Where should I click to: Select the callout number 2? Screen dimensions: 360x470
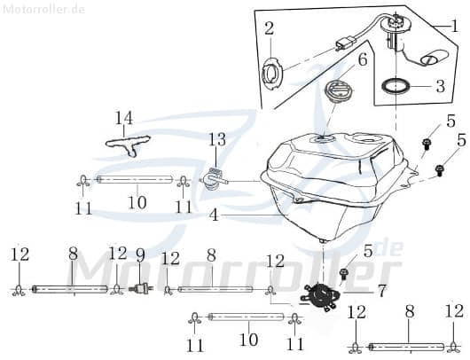click(269, 29)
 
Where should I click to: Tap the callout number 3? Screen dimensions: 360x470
click(439, 88)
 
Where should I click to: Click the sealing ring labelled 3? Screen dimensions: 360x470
click(396, 87)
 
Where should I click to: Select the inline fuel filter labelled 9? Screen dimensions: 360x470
click(138, 287)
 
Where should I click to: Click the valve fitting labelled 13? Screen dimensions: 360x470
click(214, 177)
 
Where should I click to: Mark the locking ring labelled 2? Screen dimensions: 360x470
click(274, 74)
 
